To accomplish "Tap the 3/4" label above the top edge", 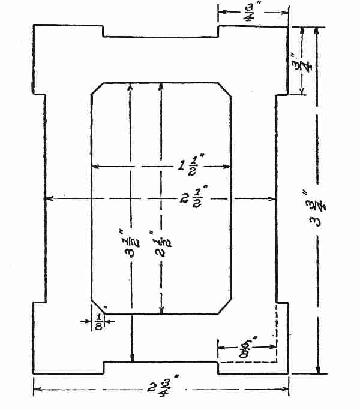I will (x=248, y=11).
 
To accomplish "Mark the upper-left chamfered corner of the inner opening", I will (x=96, y=88).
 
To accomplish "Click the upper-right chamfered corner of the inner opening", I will (x=226, y=88).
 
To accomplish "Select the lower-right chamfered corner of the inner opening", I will (x=226, y=307).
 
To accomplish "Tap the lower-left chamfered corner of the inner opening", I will (x=97, y=307).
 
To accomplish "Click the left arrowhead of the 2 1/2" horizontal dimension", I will (x=48, y=197).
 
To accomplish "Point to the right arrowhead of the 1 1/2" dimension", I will (x=229, y=166).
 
